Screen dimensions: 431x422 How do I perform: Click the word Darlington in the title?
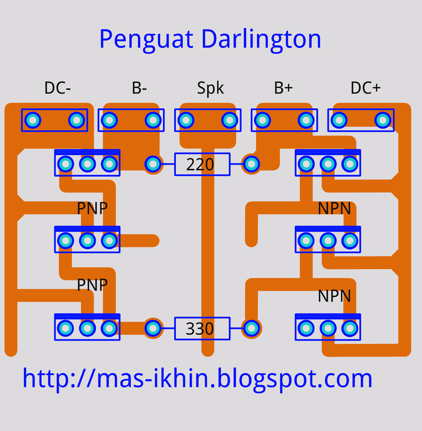[261, 40]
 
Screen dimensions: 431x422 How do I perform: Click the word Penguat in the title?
[146, 40]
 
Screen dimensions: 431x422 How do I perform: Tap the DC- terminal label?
[58, 88]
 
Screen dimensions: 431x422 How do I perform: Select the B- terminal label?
[139, 88]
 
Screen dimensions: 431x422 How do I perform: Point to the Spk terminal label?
[210, 88]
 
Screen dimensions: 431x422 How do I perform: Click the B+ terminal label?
[283, 88]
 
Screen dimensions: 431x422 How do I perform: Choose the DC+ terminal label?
[365, 88]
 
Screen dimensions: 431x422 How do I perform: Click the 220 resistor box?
[202, 164]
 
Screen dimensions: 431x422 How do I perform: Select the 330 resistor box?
[202, 329]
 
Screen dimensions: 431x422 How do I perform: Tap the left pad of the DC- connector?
[33, 120]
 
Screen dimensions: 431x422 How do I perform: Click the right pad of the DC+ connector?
[383, 120]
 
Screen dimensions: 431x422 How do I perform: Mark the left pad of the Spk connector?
[186, 120]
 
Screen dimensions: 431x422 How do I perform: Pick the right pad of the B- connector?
[153, 120]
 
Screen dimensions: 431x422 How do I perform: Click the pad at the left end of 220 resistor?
[153, 164]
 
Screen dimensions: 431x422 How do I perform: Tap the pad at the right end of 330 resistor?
[251, 328]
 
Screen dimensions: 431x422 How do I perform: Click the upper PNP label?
[92, 208]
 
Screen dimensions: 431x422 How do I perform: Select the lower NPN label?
[334, 296]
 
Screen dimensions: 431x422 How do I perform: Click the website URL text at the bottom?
[197, 378]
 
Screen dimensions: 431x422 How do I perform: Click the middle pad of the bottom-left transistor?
[87, 328]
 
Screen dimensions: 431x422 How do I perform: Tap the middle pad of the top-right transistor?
[328, 164]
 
